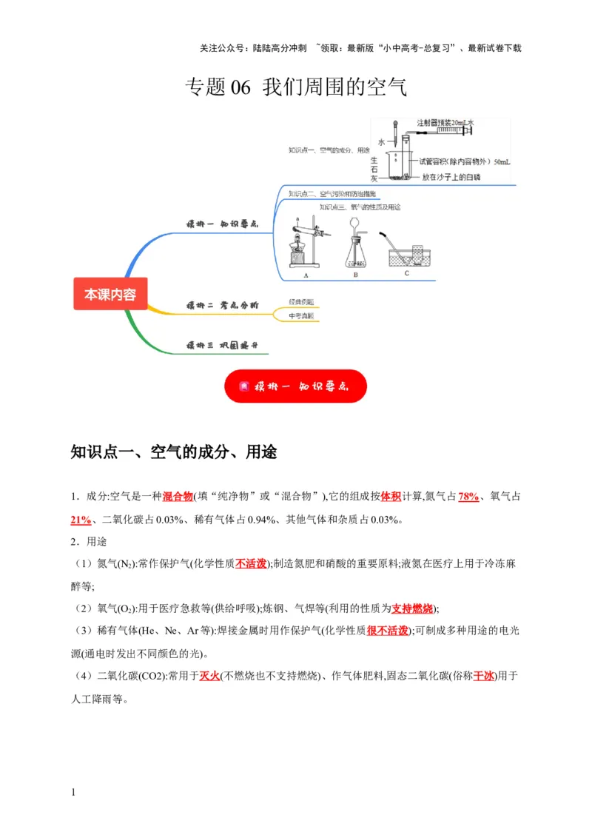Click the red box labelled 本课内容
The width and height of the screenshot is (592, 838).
(110, 294)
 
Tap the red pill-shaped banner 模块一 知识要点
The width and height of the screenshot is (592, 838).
(295, 386)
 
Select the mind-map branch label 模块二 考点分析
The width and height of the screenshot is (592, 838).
(221, 305)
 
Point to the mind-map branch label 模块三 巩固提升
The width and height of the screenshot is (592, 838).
(221, 345)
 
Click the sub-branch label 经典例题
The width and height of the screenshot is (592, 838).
(301, 301)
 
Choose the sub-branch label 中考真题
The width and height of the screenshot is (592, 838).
(301, 315)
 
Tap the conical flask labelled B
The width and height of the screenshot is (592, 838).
(356, 248)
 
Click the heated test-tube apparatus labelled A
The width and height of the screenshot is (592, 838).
(305, 244)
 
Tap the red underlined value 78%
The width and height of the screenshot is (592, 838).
(468, 496)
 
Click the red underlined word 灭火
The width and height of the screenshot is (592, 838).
(210, 675)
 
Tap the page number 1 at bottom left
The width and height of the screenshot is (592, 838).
(73, 794)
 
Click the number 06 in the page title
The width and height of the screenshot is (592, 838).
(242, 87)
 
